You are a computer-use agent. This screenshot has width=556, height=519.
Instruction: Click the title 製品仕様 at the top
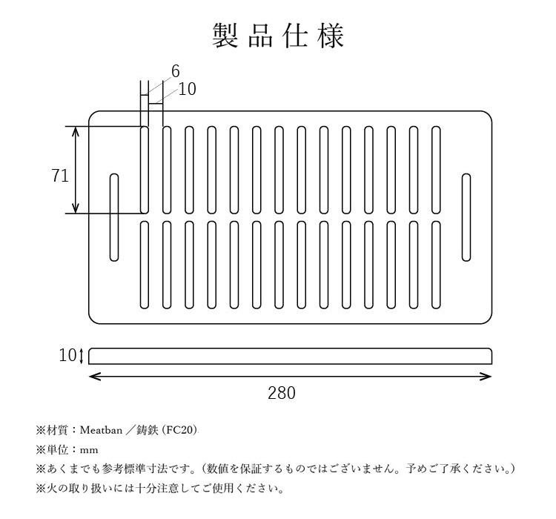coord(278,36)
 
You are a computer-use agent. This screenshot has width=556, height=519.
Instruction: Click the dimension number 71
coord(60,176)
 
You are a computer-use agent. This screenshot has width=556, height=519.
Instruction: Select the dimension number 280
coord(282,393)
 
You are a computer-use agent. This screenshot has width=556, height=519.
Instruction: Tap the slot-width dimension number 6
coord(176,71)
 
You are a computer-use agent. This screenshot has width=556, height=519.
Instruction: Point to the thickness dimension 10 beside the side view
coord(67,355)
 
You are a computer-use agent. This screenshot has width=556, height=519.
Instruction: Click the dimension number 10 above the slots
coord(187,89)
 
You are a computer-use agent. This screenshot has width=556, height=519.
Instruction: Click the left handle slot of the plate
coord(114,217)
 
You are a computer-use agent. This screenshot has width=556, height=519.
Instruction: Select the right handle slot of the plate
coord(466,217)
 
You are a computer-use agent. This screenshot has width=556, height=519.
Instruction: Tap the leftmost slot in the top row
coord(145,170)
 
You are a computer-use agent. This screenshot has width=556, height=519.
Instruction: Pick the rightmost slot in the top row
coord(436,170)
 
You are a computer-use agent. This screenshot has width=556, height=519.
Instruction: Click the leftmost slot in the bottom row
coord(145,265)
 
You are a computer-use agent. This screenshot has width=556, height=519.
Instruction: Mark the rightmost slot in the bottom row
coord(436,265)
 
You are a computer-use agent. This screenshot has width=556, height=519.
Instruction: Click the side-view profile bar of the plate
coord(290,356)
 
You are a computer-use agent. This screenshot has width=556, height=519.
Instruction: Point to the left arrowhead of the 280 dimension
coord(94,377)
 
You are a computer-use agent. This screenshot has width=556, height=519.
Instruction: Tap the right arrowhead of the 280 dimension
coord(486,377)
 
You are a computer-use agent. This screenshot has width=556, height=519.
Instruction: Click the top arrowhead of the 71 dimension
coord(76,132)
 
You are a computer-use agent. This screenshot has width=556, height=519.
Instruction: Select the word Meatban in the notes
coord(101,430)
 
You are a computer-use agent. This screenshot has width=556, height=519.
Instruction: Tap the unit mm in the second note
coord(89,451)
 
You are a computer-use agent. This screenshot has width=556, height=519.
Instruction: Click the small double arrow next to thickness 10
coord(82,356)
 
